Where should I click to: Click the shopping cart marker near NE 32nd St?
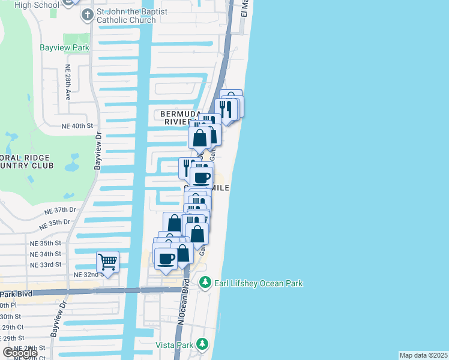pos(107,262)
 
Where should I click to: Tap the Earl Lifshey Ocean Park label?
pos(259,283)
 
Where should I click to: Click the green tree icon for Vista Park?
pos(203,344)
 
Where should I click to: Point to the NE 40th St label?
pos(77,127)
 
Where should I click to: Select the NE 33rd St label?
pos(46,265)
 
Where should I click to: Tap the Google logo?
pos(20,353)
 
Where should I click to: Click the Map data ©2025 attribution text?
pos(423,355)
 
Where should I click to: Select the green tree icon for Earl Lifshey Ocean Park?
pos(205,282)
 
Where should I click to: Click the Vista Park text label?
pos(174,345)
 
